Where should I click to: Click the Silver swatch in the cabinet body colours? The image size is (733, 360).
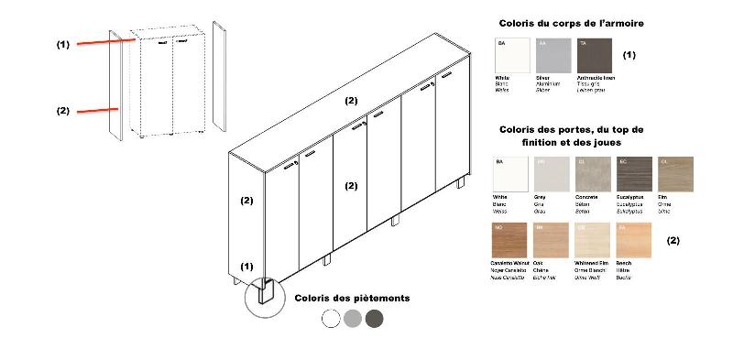552,55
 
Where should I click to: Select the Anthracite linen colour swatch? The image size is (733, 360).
594,55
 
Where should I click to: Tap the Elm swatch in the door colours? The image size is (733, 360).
676,174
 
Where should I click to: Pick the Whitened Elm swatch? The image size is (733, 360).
593,240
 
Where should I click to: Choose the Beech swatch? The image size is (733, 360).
635,240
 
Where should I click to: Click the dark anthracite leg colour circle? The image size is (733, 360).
374,319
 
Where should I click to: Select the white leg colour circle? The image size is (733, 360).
332,319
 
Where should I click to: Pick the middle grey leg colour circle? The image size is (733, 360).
353,319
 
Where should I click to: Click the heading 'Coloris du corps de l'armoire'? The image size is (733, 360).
571,22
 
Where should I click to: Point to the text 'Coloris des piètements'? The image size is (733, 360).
352,298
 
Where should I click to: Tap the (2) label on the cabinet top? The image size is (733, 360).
350,101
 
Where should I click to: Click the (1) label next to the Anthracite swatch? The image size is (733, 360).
629,55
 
